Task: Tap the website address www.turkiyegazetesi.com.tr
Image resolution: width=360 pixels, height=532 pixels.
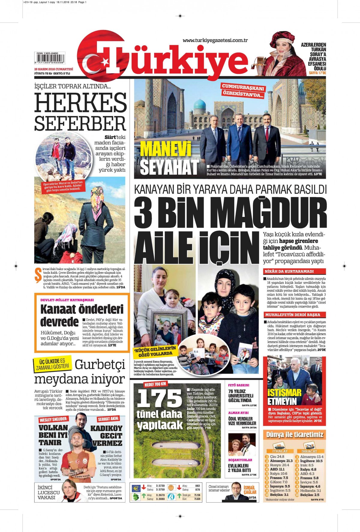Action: click(x=215, y=41)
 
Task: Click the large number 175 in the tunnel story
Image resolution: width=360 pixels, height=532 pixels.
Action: click(x=159, y=399)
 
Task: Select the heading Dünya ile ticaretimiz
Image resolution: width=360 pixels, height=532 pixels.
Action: click(x=295, y=434)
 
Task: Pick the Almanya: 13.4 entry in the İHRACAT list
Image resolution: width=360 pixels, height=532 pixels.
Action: click(x=312, y=457)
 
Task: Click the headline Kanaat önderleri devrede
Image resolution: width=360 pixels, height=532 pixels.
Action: click(x=82, y=314)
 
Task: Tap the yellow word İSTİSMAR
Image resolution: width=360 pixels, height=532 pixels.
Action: click(x=284, y=393)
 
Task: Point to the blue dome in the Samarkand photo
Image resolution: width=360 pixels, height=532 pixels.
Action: click(x=199, y=104)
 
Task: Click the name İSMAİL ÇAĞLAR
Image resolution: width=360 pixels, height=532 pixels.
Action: click(x=250, y=489)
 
